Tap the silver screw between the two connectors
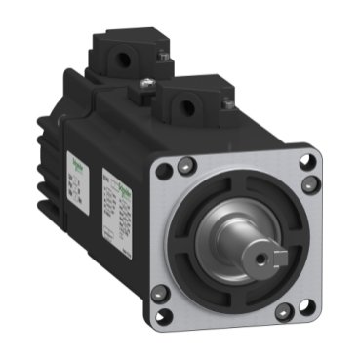coord(144,89)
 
